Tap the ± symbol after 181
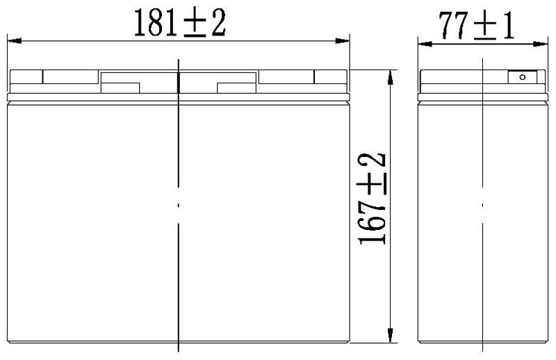(x=194, y=24)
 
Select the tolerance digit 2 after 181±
(x=217, y=24)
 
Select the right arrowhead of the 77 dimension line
(x=540, y=44)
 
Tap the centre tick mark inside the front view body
(x=179, y=205)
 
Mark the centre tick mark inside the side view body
(x=482, y=205)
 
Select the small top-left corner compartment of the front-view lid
(x=26, y=76)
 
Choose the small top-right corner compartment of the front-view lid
(x=330, y=76)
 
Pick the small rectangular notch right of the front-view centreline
(x=238, y=88)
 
